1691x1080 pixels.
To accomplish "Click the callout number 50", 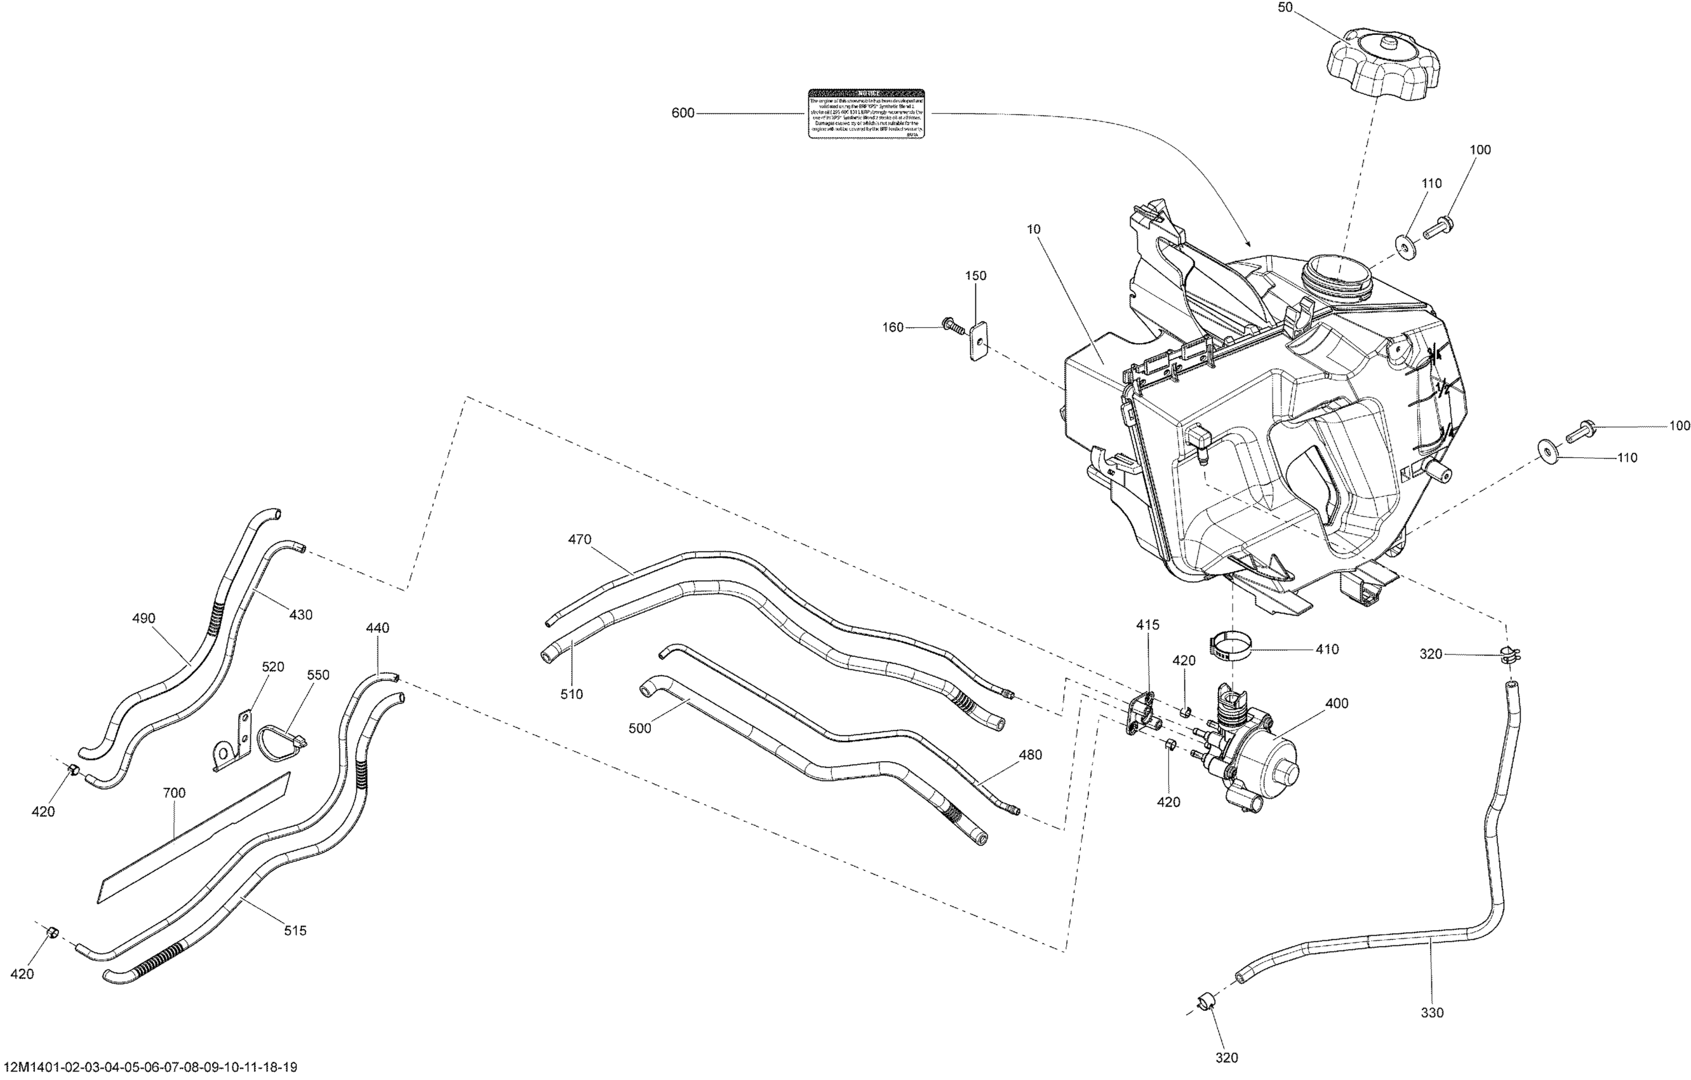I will point(1306,8).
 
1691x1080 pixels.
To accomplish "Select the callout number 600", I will point(683,113).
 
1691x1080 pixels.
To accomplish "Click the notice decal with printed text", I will point(866,113).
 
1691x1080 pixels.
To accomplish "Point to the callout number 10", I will point(1033,229).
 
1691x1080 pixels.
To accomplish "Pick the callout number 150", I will point(975,276).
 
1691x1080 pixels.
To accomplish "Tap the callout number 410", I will point(1327,649).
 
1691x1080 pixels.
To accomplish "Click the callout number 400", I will point(1337,703).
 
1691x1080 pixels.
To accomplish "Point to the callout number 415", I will point(1148,624).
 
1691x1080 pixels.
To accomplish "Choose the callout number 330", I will point(1432,1013).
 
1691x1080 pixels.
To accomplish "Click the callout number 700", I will point(174,793).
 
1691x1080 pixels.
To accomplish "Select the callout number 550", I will point(317,675).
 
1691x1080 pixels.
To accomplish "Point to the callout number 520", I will point(272,667).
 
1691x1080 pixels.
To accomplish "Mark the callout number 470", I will point(579,539).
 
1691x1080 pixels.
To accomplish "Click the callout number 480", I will point(1030,755).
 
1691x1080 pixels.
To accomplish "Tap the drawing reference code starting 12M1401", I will point(149,1067).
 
